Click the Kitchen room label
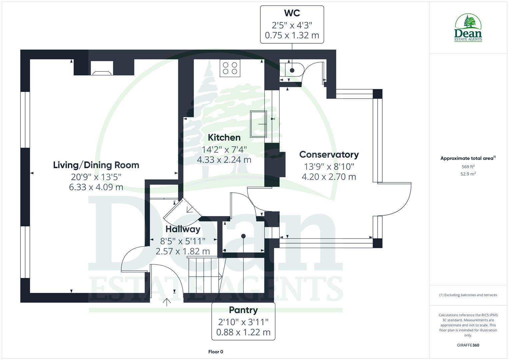pos(224,137)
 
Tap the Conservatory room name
pos(329,154)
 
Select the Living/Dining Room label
pos(96,165)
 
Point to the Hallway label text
pos(183,229)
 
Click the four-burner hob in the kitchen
pos(230,68)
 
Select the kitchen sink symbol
pos(259,124)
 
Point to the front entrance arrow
pos(167,302)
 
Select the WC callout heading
pos(292,13)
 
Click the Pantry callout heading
pos(243,310)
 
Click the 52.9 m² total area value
pos(468,174)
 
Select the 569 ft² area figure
pos(468,167)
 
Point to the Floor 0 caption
pos(216,352)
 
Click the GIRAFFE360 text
pos(468,345)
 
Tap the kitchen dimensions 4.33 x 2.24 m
pos(224,160)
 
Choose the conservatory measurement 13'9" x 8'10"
pos(329,166)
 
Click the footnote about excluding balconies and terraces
pos(468,295)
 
